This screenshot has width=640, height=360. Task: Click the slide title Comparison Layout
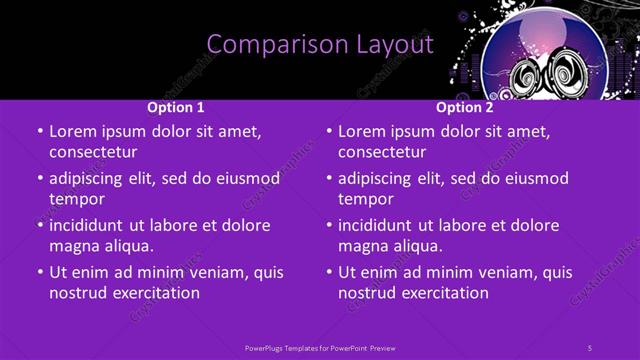point(320,45)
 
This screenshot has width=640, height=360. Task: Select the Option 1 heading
point(176,107)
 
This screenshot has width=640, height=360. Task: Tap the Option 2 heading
point(464,107)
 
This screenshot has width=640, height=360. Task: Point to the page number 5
point(590,347)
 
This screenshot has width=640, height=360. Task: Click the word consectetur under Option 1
point(93,152)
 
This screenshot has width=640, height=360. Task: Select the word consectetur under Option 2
point(382,152)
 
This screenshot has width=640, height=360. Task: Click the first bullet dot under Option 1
point(40,132)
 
